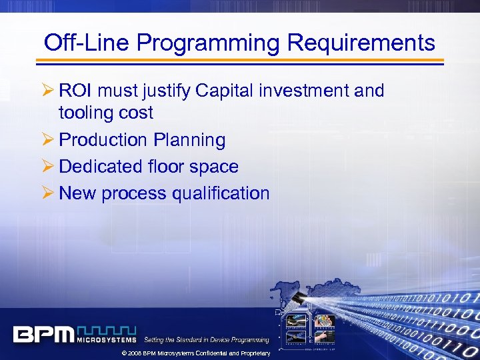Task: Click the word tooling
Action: [x=85, y=113]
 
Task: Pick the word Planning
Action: [x=189, y=140]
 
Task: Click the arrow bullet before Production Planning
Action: [x=48, y=140]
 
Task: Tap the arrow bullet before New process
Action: [x=48, y=193]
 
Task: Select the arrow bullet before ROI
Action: [x=48, y=91]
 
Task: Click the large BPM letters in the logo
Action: [x=43, y=334]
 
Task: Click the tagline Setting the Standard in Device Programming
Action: [x=206, y=340]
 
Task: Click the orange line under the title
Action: [x=240, y=61]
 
